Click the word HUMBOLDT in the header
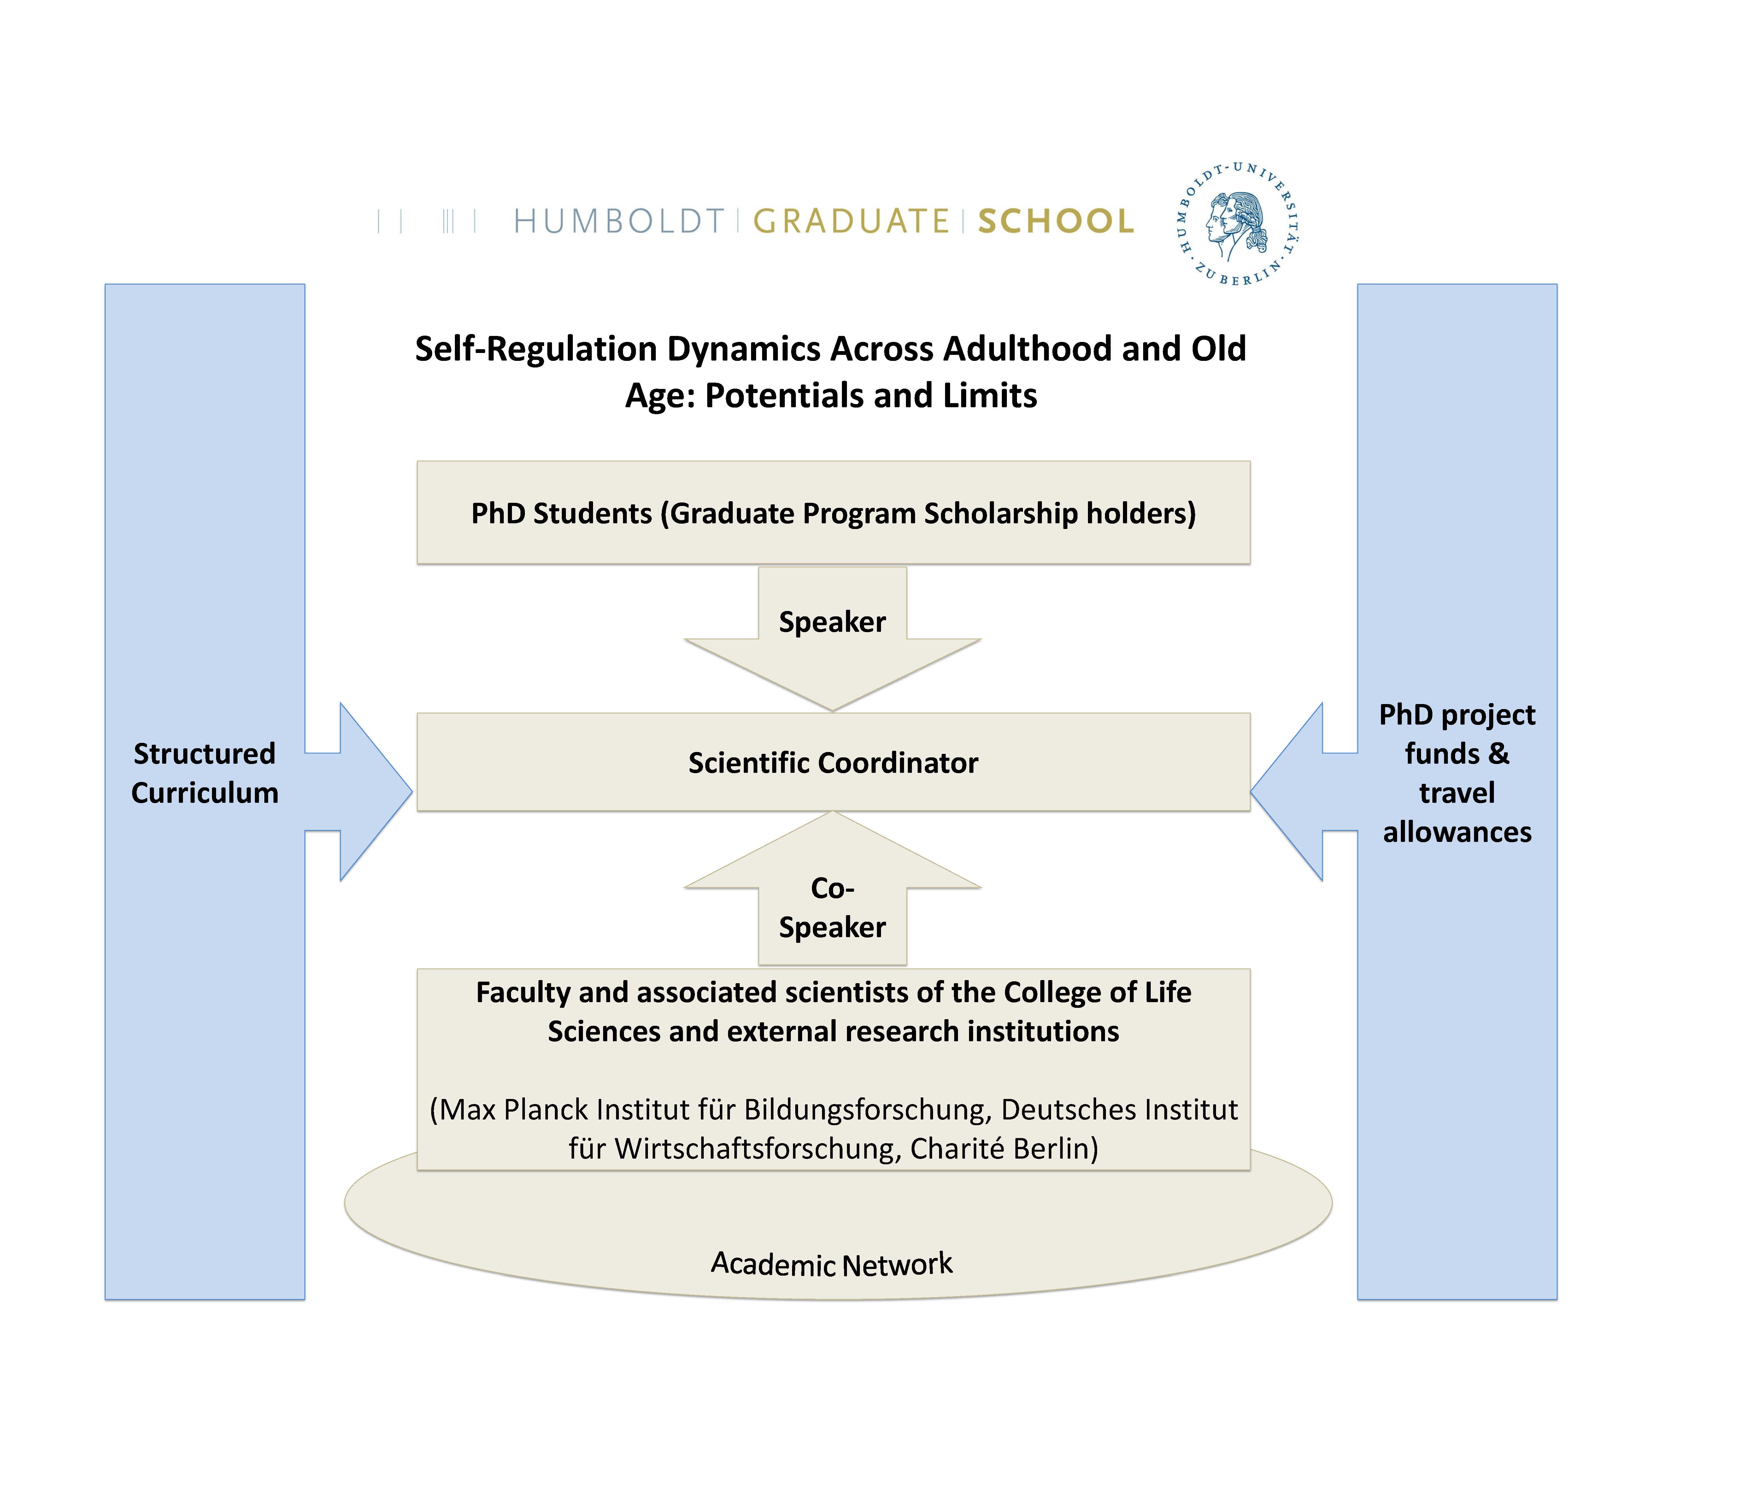coord(619,221)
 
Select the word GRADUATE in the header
coord(851,221)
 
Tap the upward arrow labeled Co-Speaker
coord(832,890)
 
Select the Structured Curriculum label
coord(205,773)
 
